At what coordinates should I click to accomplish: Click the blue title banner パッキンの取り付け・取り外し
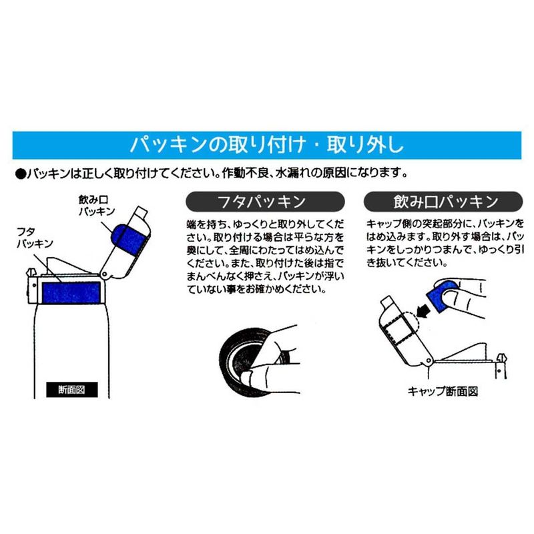click(x=266, y=145)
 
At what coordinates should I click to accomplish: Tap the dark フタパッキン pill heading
click(x=265, y=202)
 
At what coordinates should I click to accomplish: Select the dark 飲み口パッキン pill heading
click(x=443, y=202)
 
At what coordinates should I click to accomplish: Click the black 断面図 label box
click(x=72, y=390)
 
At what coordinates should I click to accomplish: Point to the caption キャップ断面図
click(x=443, y=391)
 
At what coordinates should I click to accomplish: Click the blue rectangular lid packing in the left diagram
click(x=71, y=292)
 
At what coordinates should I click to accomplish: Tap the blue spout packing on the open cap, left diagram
click(x=129, y=238)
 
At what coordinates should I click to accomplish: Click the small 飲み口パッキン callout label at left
click(x=97, y=206)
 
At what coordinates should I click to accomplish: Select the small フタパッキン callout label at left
click(x=35, y=238)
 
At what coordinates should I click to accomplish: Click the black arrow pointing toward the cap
click(x=424, y=310)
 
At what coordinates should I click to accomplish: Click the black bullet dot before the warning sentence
click(x=21, y=174)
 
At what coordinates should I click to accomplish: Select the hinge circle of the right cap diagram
click(x=428, y=361)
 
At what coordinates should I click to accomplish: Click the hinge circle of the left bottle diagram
click(x=105, y=274)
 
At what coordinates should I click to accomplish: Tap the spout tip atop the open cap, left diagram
click(x=142, y=214)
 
